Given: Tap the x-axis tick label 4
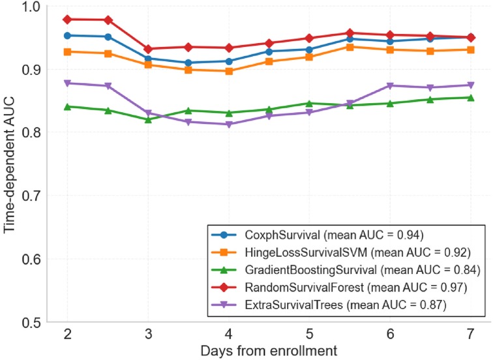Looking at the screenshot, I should pos(229,335).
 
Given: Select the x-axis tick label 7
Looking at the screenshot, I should pos(471,335).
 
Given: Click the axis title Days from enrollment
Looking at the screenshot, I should pos(269,351).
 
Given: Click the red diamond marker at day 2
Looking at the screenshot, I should pos(68,20).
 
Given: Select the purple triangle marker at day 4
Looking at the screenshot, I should pos(229,125).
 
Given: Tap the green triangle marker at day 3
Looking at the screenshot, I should pos(149,119).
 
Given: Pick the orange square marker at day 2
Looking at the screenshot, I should pos(68,52).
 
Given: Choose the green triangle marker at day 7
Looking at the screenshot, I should pos(471,97).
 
